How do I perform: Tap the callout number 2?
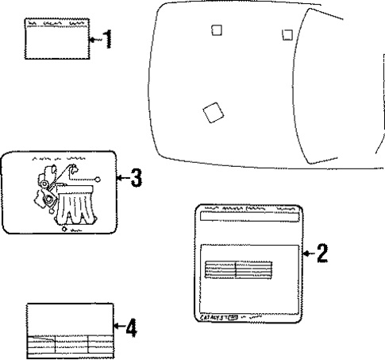pyautogui.click(x=321, y=254)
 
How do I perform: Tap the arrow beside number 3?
pyautogui.click(x=122, y=179)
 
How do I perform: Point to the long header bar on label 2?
pyautogui.click(x=250, y=215)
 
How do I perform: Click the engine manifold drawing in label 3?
pyautogui.click(x=75, y=203)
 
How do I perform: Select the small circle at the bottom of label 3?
pyautogui.click(x=64, y=228)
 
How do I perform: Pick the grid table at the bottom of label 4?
pyautogui.click(x=67, y=344)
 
